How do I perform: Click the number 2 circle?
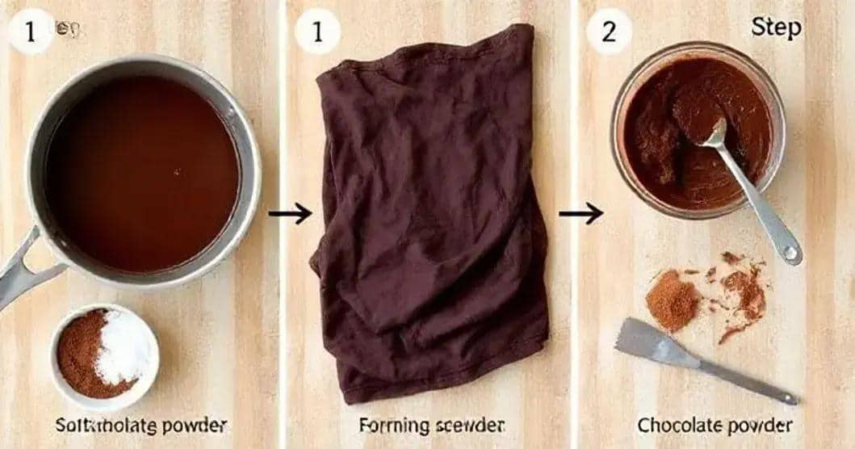coord(608,31)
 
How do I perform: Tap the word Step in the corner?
coord(776,27)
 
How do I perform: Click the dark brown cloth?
coord(431,218)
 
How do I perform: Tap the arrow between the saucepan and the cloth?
coord(290,213)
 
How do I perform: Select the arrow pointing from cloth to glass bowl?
coord(580,213)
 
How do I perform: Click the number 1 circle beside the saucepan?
coord(31,31)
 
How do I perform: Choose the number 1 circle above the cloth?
coord(317,31)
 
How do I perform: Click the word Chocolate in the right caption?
coord(675,425)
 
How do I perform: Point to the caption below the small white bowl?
coord(140,425)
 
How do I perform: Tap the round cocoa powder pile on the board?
coord(672,300)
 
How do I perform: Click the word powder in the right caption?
coord(754,425)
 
